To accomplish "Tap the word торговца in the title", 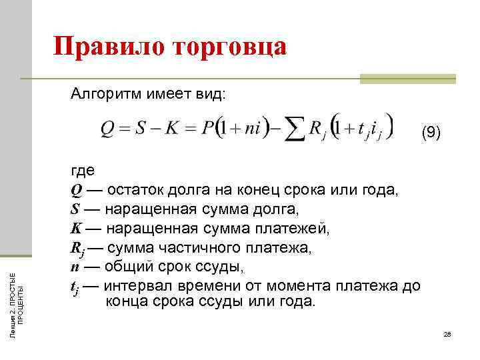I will pos(231,48).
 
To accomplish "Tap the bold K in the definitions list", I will pos(76,229).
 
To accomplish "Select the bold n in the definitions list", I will pos(75,267).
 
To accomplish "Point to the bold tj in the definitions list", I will pos(75,287).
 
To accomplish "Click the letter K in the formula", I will pos(173,129).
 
